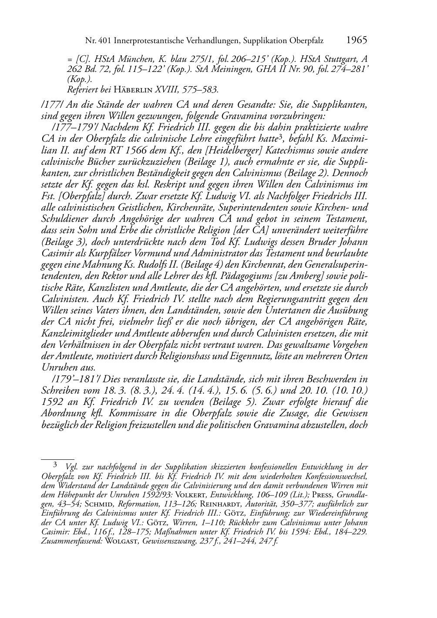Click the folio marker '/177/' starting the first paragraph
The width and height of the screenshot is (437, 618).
[x=50, y=105]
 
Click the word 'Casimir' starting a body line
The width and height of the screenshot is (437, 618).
[x=56, y=254]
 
